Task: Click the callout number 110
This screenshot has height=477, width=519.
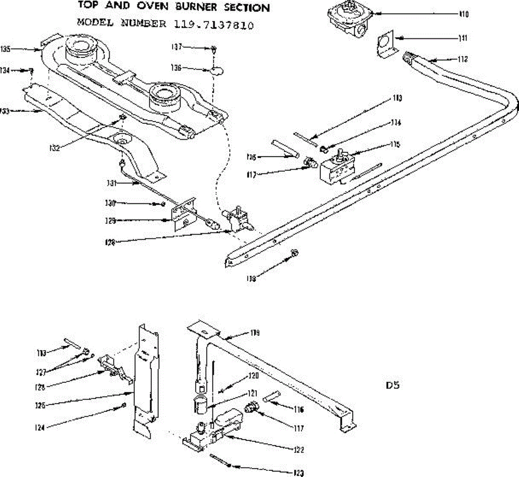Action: [463, 14]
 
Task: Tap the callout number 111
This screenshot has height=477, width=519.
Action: [463, 38]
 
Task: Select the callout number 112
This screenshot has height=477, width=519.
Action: [462, 59]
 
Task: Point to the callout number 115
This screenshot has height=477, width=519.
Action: [395, 144]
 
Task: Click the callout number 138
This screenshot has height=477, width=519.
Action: [251, 279]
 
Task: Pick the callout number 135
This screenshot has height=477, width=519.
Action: [6, 49]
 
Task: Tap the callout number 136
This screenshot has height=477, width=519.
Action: [176, 68]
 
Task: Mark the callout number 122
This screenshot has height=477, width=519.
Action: [299, 450]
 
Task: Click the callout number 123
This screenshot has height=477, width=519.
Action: [298, 473]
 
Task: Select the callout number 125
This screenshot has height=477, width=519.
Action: [40, 406]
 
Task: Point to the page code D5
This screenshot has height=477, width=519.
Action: [393, 384]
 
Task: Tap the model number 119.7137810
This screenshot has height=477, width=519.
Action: [214, 25]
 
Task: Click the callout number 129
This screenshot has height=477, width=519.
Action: [110, 221]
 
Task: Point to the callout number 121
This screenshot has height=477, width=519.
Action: [253, 393]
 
